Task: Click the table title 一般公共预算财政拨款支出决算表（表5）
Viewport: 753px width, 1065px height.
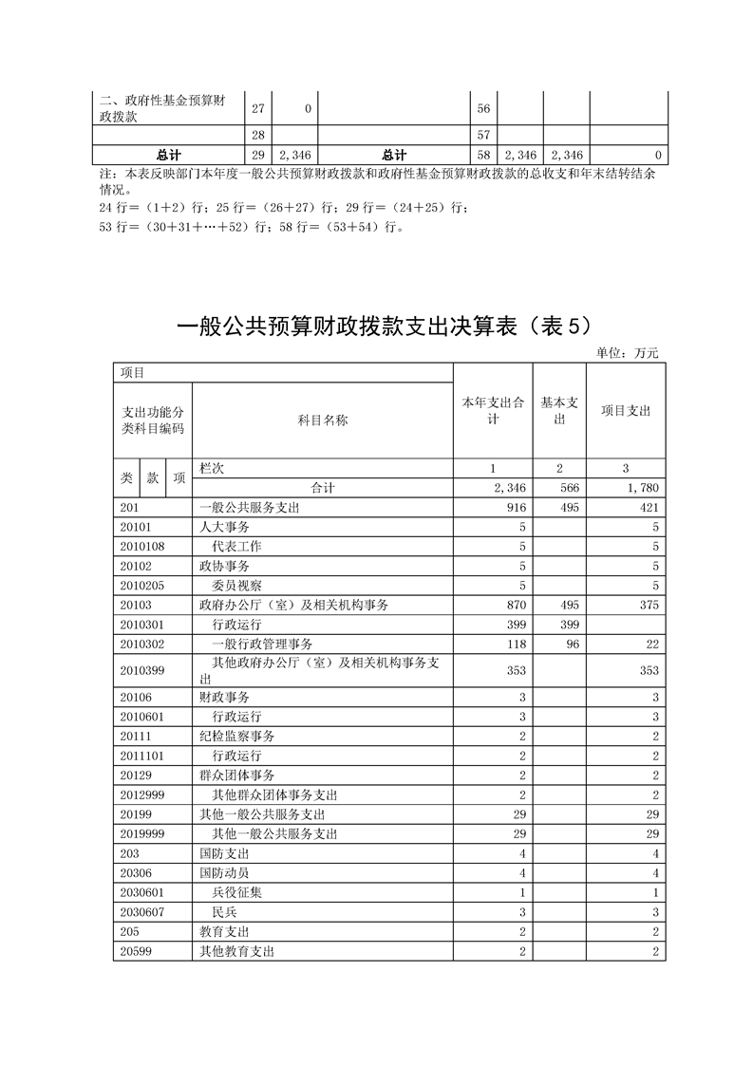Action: pos(385,327)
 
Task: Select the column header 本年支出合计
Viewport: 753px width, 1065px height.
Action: pos(493,411)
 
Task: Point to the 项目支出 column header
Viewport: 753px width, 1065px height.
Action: pos(626,411)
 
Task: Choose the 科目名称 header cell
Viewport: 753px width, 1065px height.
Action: pos(323,420)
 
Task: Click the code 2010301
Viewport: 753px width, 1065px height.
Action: pos(144,624)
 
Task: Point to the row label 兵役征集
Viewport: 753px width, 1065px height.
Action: pos(237,892)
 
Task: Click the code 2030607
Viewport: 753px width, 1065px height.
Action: pos(144,912)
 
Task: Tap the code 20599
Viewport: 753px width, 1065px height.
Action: pos(138,951)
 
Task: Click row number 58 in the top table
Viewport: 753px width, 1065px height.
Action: pos(483,155)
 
